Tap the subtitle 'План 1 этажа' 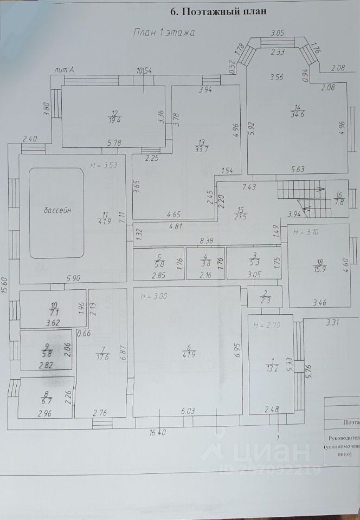tap(164, 32)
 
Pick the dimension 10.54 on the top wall tap(144, 70)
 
